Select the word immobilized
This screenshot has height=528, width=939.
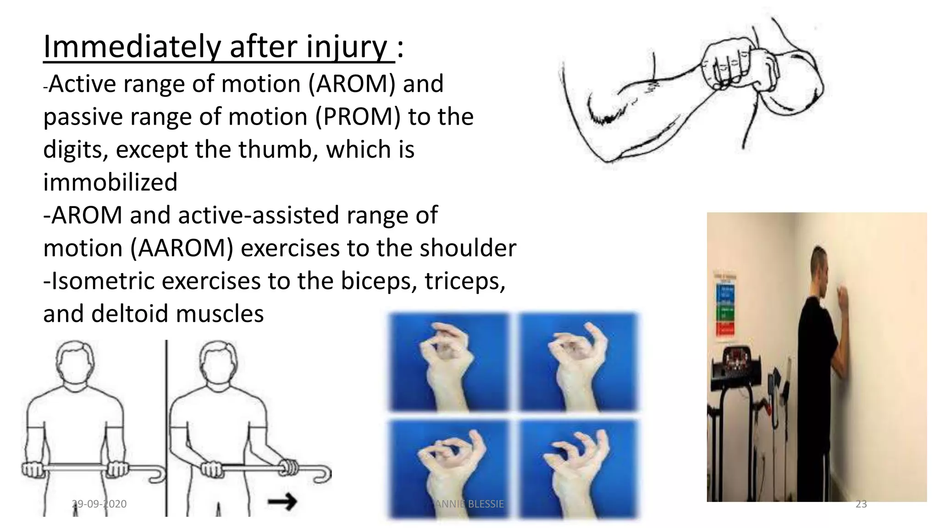click(x=110, y=182)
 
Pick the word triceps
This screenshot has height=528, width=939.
click(x=464, y=281)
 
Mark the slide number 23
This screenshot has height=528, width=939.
click(x=861, y=504)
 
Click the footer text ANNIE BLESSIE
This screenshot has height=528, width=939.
click(x=469, y=504)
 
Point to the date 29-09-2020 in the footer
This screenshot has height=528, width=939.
click(x=99, y=504)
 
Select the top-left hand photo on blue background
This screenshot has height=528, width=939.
click(x=448, y=362)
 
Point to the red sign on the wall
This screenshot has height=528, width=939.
click(x=725, y=328)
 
